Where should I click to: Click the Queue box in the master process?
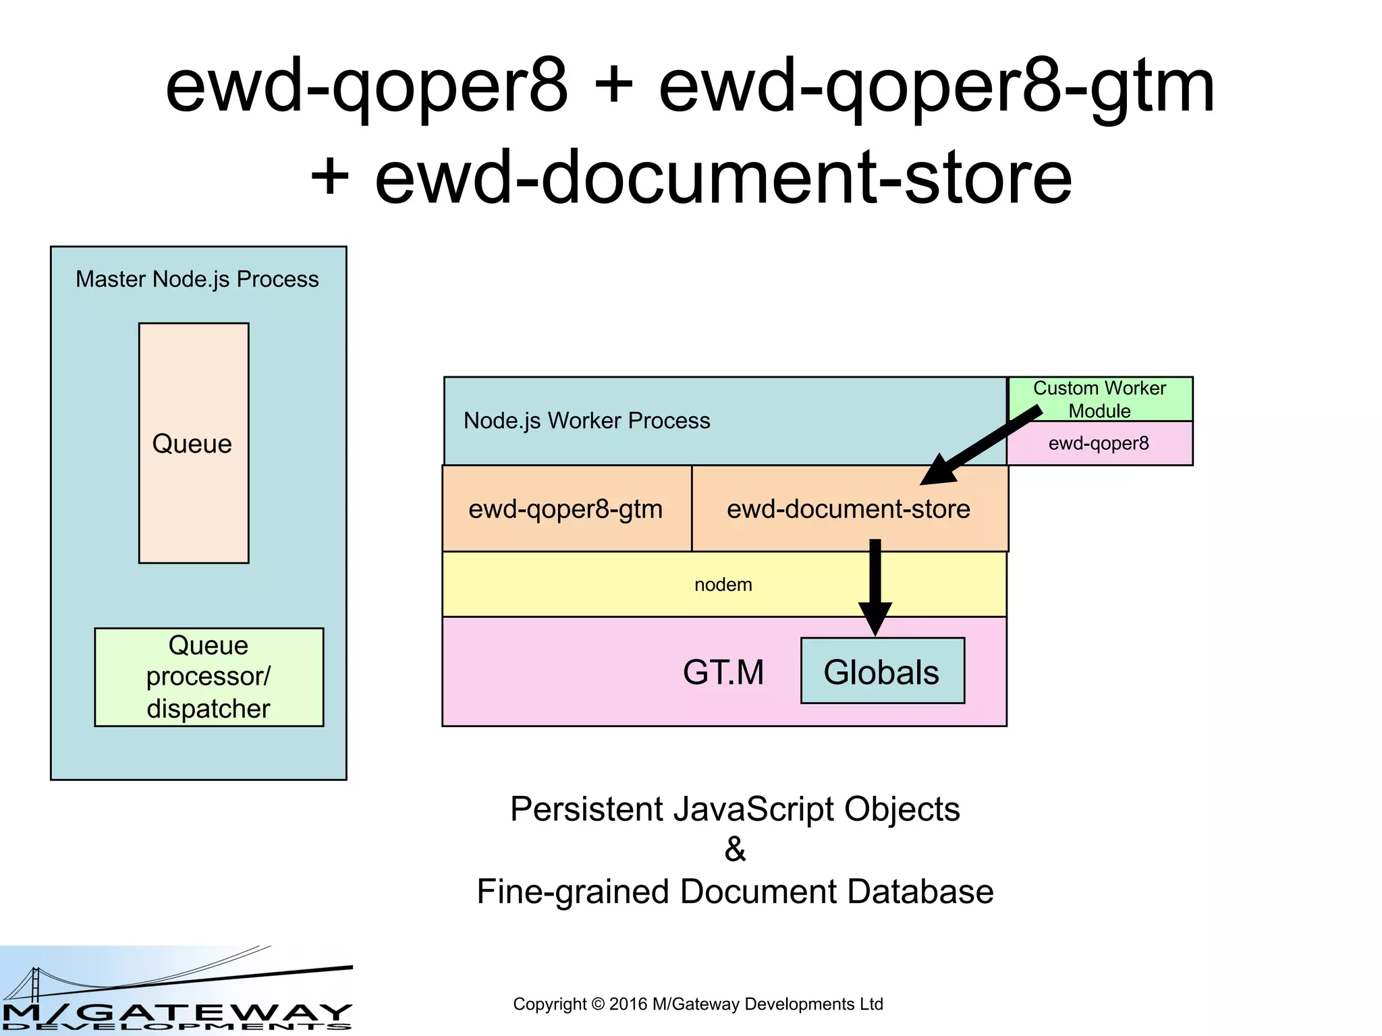(x=194, y=443)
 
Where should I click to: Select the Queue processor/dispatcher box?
(x=209, y=677)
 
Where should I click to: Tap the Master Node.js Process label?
(x=197, y=279)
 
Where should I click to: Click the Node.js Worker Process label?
(x=586, y=421)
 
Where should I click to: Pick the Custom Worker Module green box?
(x=1100, y=399)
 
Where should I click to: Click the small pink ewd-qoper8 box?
(x=1099, y=444)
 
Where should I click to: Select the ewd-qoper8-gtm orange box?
(x=566, y=509)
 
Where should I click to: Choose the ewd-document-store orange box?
(x=848, y=509)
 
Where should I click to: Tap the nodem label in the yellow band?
(x=723, y=585)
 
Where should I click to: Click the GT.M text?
(x=723, y=672)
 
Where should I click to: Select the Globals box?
(x=882, y=671)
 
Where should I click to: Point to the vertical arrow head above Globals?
(x=875, y=617)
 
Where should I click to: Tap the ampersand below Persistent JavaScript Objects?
(x=735, y=849)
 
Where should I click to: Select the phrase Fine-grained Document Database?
(x=735, y=891)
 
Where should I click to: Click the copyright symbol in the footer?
(x=597, y=1004)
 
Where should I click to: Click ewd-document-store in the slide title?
(x=723, y=177)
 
